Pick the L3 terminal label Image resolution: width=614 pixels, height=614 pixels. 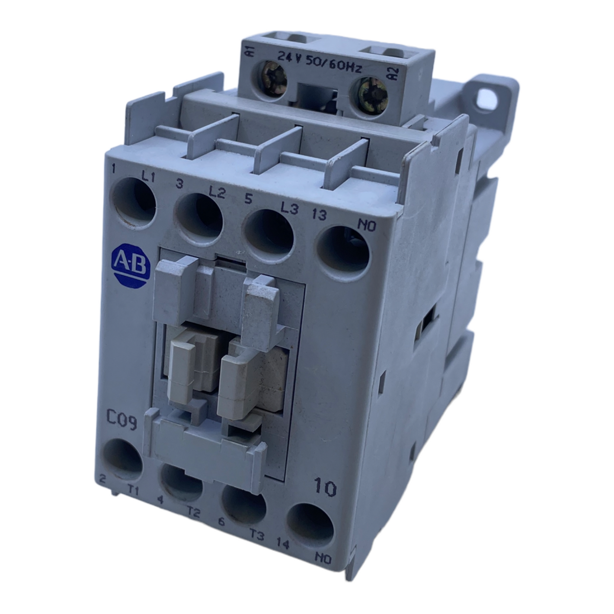[289, 209]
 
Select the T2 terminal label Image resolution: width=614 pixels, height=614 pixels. [194, 512]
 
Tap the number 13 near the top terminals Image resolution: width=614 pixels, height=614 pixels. [319, 214]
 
